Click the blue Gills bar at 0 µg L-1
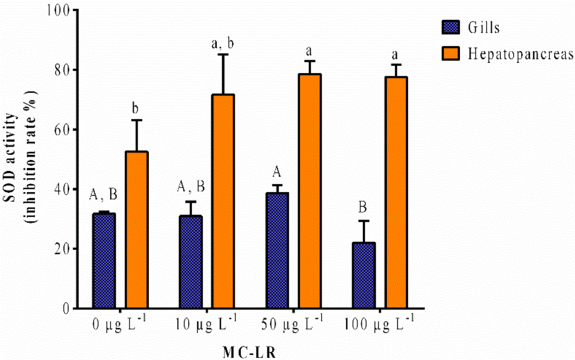(104, 261)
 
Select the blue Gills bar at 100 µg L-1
(363, 275)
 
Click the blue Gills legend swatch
(449, 26)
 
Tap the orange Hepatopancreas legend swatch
(449, 53)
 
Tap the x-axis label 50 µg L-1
(293, 325)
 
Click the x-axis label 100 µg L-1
(379, 325)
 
